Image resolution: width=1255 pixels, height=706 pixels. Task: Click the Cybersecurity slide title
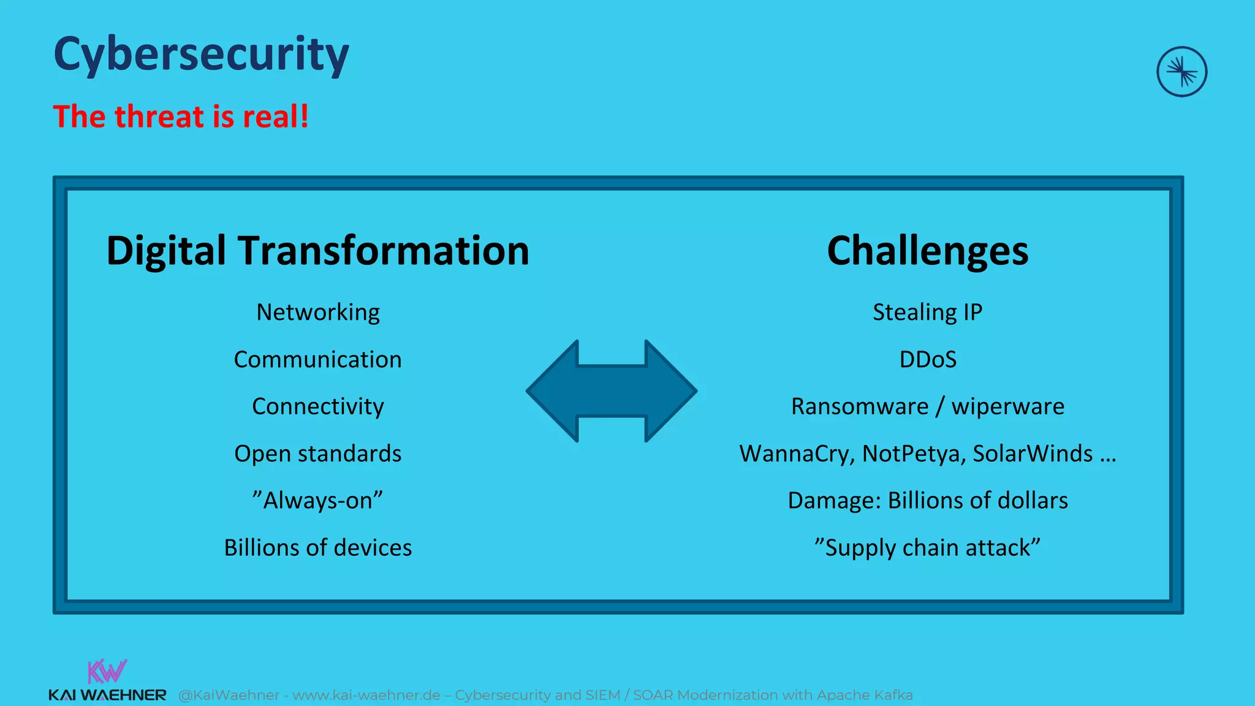tap(201, 55)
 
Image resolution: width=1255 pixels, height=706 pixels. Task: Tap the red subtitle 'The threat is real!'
tap(181, 116)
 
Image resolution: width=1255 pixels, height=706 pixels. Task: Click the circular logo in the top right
tap(1181, 72)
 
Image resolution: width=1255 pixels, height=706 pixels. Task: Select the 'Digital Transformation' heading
tap(317, 251)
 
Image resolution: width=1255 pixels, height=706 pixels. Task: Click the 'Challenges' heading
tap(927, 251)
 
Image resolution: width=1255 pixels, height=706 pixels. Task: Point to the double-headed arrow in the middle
tap(612, 391)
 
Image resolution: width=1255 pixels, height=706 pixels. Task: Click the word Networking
tap(317, 313)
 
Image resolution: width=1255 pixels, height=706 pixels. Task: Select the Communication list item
tap(317, 359)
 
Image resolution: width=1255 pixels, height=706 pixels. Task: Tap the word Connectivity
tap(317, 406)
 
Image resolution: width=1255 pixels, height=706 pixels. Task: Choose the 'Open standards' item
tap(317, 454)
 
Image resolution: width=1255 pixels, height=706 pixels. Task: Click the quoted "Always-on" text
tap(317, 501)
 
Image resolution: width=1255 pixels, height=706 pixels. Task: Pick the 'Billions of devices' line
tap(317, 547)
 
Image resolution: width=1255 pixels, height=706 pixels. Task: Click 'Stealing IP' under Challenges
tap(927, 313)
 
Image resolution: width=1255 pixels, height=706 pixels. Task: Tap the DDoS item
tap(927, 359)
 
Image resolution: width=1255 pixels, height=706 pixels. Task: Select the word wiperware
tap(1007, 406)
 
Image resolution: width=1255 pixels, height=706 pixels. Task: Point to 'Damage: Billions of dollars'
tap(927, 501)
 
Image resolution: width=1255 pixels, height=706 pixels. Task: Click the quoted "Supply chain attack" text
tap(927, 547)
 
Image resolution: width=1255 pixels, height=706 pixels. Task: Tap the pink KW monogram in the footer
tap(107, 672)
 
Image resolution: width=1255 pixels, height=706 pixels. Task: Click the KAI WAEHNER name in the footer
tap(107, 695)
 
